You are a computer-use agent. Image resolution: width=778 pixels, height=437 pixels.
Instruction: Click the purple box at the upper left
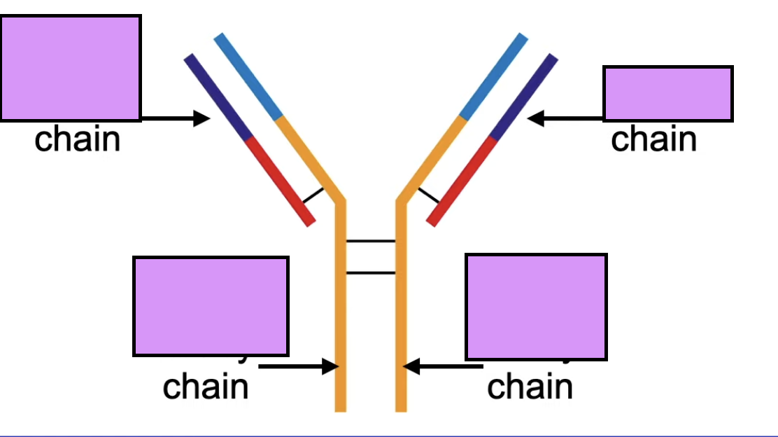70,68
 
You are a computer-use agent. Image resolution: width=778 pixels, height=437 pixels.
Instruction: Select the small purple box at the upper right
667,94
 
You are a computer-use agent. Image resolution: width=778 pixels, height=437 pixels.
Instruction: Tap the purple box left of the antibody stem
211,306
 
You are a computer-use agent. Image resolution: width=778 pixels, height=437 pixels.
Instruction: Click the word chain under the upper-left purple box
78,139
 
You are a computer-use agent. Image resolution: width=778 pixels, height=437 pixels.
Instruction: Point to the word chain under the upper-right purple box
653,139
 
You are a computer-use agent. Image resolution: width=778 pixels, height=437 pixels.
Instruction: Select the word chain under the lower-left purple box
206,386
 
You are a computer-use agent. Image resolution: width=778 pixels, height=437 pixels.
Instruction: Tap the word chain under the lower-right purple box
530,386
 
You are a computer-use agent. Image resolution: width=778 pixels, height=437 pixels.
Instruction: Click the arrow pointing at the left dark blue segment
175,118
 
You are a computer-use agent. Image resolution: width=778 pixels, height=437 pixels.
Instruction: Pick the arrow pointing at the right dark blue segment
565,118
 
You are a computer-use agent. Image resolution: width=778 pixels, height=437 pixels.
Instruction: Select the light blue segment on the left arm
248,76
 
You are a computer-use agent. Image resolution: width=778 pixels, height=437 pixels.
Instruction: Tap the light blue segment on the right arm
493,76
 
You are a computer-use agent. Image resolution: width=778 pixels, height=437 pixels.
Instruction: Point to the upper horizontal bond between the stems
371,241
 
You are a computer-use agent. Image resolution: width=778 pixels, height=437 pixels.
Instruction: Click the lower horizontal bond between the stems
371,272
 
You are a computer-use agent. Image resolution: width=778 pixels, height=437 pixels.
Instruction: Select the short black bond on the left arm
313,195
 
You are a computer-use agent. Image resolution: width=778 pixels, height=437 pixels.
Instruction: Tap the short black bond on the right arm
428,195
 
